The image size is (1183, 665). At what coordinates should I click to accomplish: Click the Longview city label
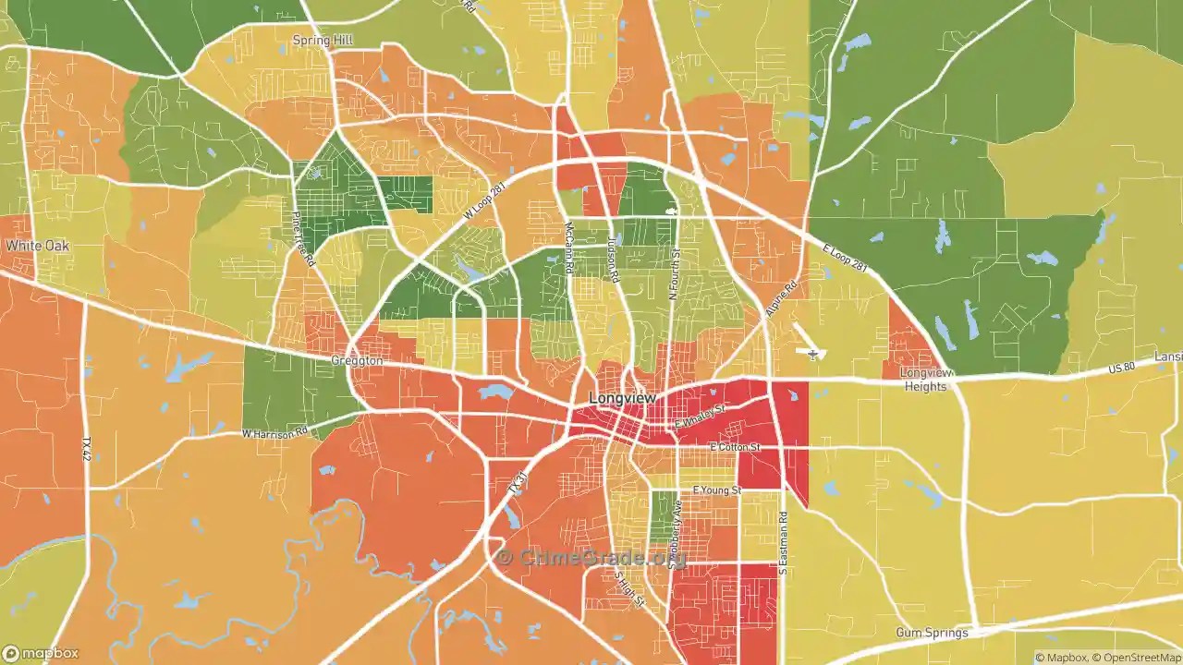tap(622, 397)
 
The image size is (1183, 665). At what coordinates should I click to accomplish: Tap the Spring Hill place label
tap(323, 41)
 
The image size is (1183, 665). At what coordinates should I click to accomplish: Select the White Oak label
tap(37, 247)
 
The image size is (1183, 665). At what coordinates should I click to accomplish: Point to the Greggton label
tap(357, 361)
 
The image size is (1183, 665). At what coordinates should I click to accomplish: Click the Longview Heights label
tap(925, 380)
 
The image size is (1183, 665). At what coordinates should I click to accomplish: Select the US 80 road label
tap(1121, 369)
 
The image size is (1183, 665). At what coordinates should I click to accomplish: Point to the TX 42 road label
tap(87, 452)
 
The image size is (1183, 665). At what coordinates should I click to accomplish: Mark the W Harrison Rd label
tap(274, 433)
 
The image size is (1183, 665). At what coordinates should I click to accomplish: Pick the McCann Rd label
tap(569, 248)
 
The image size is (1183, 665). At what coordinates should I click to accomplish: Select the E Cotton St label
tap(734, 447)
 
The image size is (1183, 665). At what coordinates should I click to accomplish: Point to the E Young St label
tap(716, 490)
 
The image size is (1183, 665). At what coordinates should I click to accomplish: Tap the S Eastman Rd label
tap(782, 544)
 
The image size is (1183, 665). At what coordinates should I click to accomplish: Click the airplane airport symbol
tap(812, 354)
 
